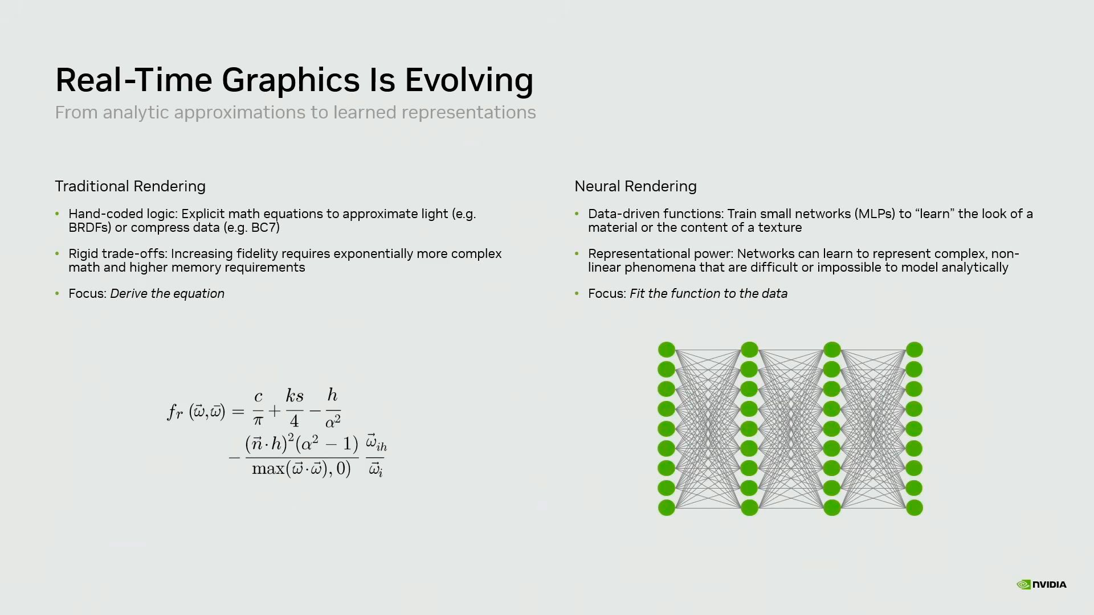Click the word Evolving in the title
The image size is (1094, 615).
coord(468,80)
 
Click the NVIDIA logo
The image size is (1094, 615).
coord(1041,584)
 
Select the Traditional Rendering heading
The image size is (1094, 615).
coord(130,186)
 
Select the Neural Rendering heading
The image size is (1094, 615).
coord(635,186)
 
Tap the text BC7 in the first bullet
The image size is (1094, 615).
coord(263,228)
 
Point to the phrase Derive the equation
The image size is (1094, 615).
coord(167,294)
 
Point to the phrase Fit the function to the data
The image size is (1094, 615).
coord(708,294)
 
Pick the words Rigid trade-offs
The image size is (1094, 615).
coord(117,254)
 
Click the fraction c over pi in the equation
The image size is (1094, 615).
coord(258,408)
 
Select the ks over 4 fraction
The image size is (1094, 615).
coord(295,408)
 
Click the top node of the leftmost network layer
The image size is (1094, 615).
coord(666,350)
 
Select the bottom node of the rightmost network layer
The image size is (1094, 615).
coord(914,507)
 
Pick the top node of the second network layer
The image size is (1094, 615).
coord(749,350)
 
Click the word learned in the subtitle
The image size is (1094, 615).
coord(365,113)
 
